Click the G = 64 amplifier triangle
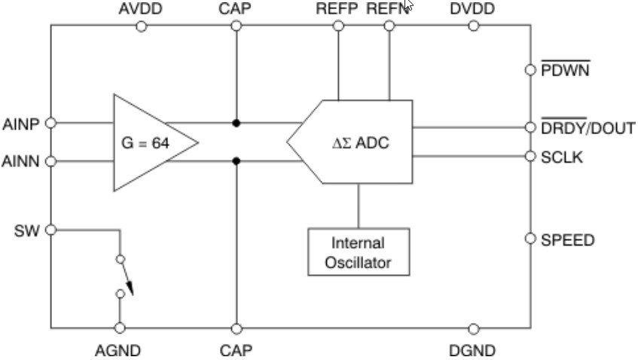(x=151, y=142)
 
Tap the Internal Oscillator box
(x=359, y=253)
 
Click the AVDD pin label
(x=141, y=8)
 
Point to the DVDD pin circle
(x=473, y=26)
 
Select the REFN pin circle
(x=389, y=26)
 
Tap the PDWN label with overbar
(x=565, y=70)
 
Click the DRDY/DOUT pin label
(x=588, y=128)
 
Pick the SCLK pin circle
(x=530, y=157)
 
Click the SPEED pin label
(x=567, y=240)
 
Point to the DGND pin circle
(x=473, y=328)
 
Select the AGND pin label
(x=118, y=350)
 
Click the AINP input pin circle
(x=51, y=123)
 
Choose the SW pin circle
(x=51, y=230)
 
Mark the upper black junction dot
(x=237, y=123)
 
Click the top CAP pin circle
(x=237, y=26)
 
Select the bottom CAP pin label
(x=236, y=350)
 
